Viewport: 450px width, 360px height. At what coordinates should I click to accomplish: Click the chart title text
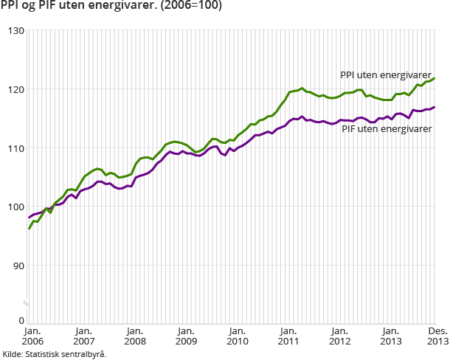coord(110,7)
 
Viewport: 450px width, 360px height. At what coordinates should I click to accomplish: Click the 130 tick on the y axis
coord(16,30)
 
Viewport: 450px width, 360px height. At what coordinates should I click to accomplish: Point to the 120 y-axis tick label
coord(16,89)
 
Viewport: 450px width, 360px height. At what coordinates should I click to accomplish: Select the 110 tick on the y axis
coord(16,148)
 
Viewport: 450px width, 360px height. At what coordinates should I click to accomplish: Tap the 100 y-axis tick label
coord(16,207)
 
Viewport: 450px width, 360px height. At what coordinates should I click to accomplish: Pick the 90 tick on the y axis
coord(18,266)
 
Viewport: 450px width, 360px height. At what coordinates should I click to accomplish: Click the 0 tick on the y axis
coord(21,321)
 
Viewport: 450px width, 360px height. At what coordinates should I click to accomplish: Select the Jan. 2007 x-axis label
coord(83,336)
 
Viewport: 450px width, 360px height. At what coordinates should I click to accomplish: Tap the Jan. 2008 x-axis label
coord(135,336)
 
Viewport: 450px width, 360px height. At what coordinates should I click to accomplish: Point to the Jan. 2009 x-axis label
coord(186,336)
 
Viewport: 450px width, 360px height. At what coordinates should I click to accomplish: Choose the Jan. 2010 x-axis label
coord(238,336)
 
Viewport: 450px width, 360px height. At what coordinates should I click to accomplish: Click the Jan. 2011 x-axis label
coord(288,336)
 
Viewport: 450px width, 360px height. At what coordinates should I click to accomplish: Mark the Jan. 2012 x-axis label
coord(340,336)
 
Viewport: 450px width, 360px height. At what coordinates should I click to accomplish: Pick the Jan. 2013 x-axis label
coord(391,336)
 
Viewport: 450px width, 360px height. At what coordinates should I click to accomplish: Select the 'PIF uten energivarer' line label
coord(387,128)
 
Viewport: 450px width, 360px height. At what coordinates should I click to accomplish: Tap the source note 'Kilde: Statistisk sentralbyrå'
coord(54,354)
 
